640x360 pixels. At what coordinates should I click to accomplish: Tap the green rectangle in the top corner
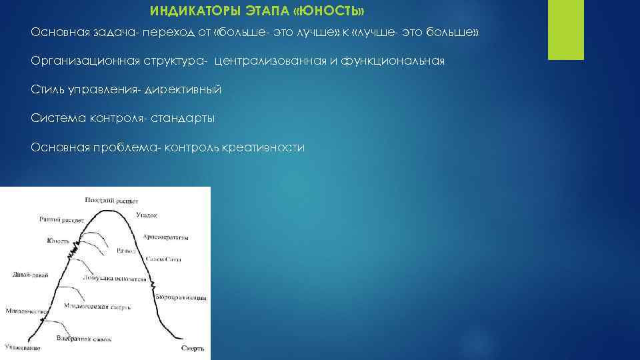[x=565, y=30]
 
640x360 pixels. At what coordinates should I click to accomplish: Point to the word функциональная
[x=392, y=61]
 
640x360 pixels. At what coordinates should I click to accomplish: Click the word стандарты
[x=182, y=119]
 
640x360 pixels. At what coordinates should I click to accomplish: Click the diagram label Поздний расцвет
[x=111, y=199]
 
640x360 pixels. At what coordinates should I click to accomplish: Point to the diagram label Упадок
[x=146, y=215]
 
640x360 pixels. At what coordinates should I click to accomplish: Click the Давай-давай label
[x=30, y=275]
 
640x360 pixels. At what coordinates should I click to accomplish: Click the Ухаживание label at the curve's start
[x=22, y=347]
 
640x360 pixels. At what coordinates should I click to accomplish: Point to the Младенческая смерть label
[x=97, y=307]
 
